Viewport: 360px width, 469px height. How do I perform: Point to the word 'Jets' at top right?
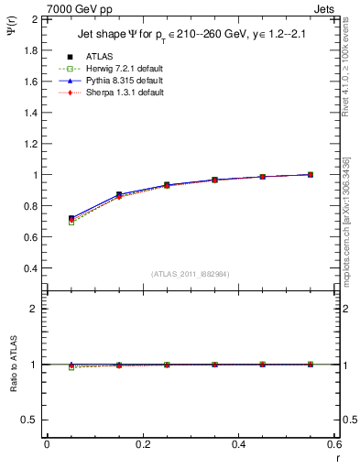(326, 8)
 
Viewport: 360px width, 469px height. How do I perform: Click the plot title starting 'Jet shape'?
(191, 36)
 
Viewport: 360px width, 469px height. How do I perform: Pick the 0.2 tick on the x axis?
(142, 444)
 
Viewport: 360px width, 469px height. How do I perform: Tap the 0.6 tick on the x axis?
(334, 444)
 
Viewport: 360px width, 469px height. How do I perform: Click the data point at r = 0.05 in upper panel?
(71, 219)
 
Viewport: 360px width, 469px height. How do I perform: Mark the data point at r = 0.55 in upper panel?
(311, 174)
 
